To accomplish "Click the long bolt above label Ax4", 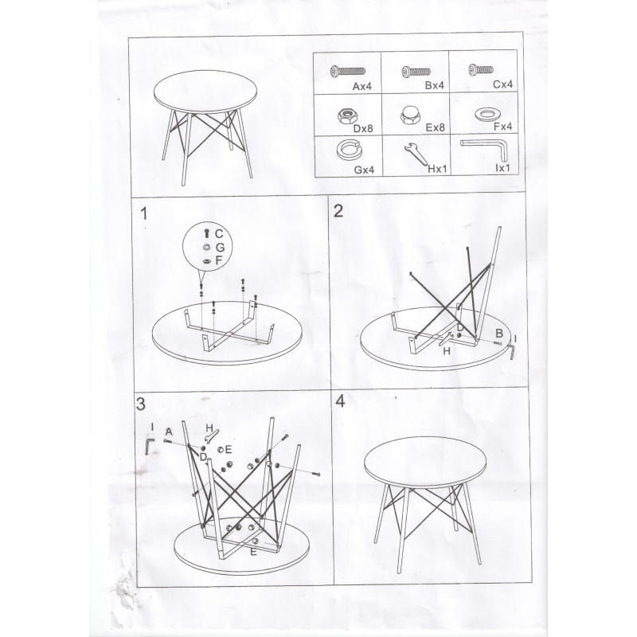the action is pos(348,72).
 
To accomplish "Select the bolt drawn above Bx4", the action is pos(416,72).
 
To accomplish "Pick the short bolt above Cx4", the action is pos(481,70).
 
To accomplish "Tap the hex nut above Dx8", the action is pos(347,116).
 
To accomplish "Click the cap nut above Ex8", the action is pos(410,115).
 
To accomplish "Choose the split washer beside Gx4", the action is pos(350,149).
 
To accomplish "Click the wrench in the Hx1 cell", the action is pos(416,154).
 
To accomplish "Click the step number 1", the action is pos(143,213).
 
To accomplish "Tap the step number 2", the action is pos(338,210).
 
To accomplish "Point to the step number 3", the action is pos(141,404).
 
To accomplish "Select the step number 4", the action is pos(340,401).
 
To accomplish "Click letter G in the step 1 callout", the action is pos(220,247).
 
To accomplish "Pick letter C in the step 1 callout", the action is pos(219,233).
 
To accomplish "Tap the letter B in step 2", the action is pos(499,334).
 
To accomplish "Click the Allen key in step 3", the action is pos(150,446).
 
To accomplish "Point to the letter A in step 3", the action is pos(169,432).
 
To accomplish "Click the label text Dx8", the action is pos(363,128).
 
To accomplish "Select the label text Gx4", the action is pos(364,170).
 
